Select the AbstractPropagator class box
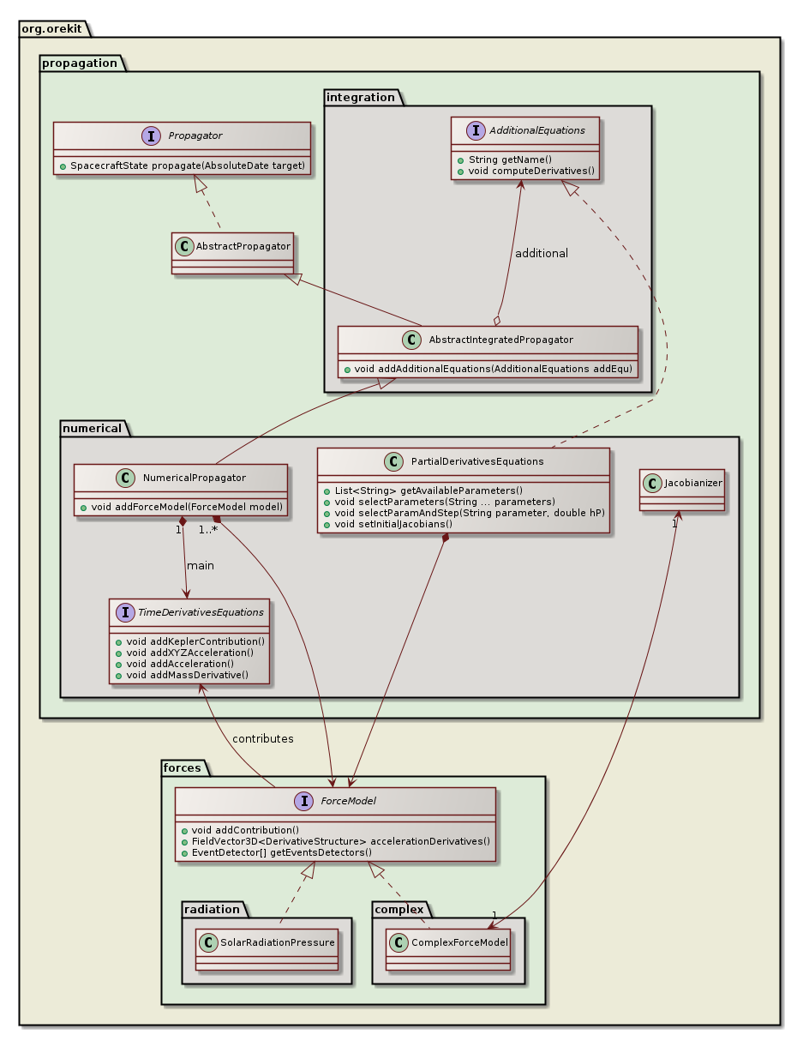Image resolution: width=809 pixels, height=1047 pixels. [232, 253]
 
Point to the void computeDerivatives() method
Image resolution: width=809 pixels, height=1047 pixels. [526, 171]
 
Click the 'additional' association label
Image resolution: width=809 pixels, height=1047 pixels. [541, 254]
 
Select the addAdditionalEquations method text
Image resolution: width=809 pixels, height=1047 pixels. [488, 369]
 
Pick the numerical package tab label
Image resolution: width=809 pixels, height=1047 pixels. [92, 428]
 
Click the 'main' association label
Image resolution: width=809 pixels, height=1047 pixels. [201, 566]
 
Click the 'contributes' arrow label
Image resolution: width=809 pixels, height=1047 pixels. [263, 738]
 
